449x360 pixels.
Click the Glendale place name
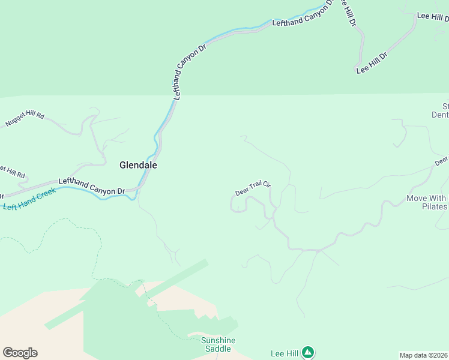[138, 165]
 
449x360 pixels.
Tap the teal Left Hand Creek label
[29, 199]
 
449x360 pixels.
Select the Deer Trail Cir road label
[253, 188]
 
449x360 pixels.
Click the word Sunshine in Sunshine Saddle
[218, 340]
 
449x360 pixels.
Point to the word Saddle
[218, 349]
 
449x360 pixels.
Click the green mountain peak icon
[308, 352]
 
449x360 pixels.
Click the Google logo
[20, 353]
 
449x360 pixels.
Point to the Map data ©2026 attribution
[424, 355]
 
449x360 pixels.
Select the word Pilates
[435, 207]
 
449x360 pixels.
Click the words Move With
[426, 198]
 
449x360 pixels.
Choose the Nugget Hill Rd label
[25, 119]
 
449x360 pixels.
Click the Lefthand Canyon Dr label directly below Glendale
[91, 186]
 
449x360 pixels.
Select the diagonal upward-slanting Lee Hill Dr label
[372, 63]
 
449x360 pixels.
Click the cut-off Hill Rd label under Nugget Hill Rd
[13, 172]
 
